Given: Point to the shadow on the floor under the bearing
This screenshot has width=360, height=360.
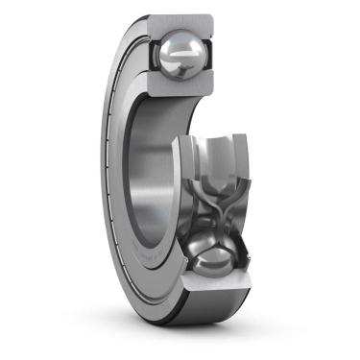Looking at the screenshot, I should [x=192, y=336].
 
